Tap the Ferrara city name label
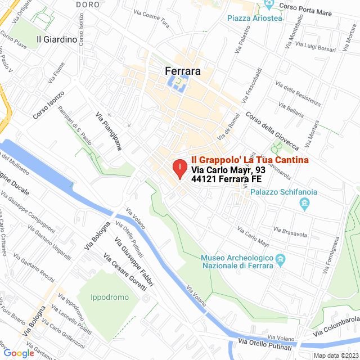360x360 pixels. (x=183, y=71)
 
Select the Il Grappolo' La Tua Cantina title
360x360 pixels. (x=250, y=160)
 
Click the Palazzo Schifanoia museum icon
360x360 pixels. (x=305, y=202)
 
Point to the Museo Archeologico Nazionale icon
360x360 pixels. (x=282, y=259)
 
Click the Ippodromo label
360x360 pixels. (x=111, y=297)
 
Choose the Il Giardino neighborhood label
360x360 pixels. (x=56, y=39)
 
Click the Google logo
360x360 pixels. (x=19, y=353)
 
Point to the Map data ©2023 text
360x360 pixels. (x=336, y=355)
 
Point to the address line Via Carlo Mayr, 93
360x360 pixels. (x=228, y=170)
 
